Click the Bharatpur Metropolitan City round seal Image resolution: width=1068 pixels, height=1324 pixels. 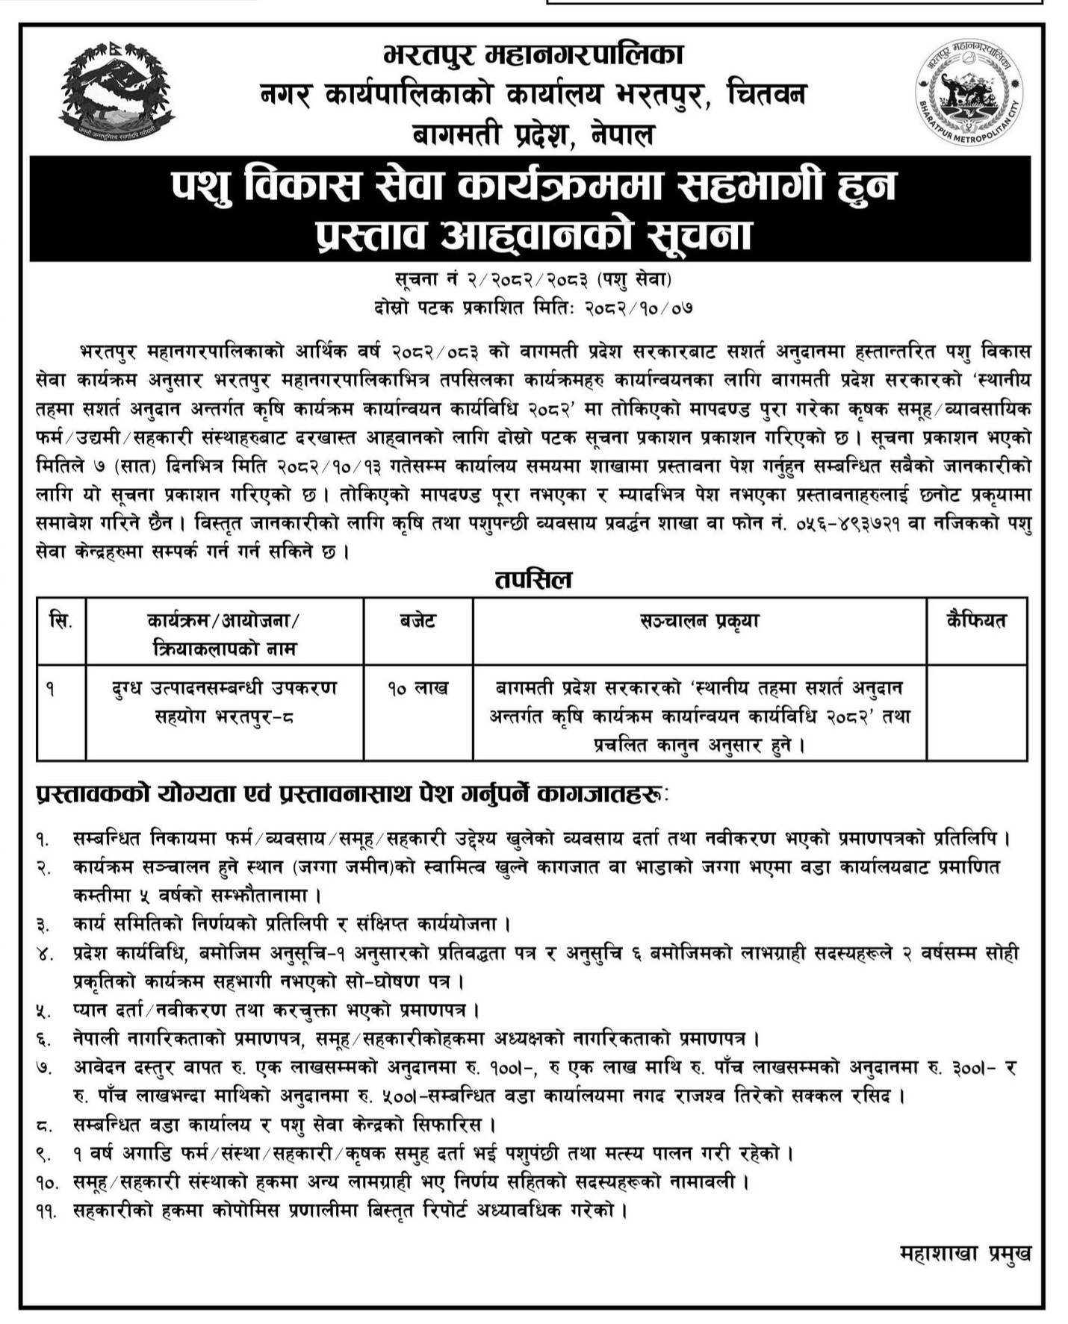pos(969,93)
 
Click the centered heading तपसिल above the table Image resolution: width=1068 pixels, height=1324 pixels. pos(533,579)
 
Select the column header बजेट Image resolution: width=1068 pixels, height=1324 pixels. pos(417,621)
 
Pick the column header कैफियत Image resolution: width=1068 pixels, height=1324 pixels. pos(976,621)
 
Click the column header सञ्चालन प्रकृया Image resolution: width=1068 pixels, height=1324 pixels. pos(699,621)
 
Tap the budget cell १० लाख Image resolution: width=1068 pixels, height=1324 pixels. pos(417,688)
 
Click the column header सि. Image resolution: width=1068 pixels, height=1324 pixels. pos(61,621)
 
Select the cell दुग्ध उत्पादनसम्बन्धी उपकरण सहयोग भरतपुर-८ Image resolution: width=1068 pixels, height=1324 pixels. pos(224,702)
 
